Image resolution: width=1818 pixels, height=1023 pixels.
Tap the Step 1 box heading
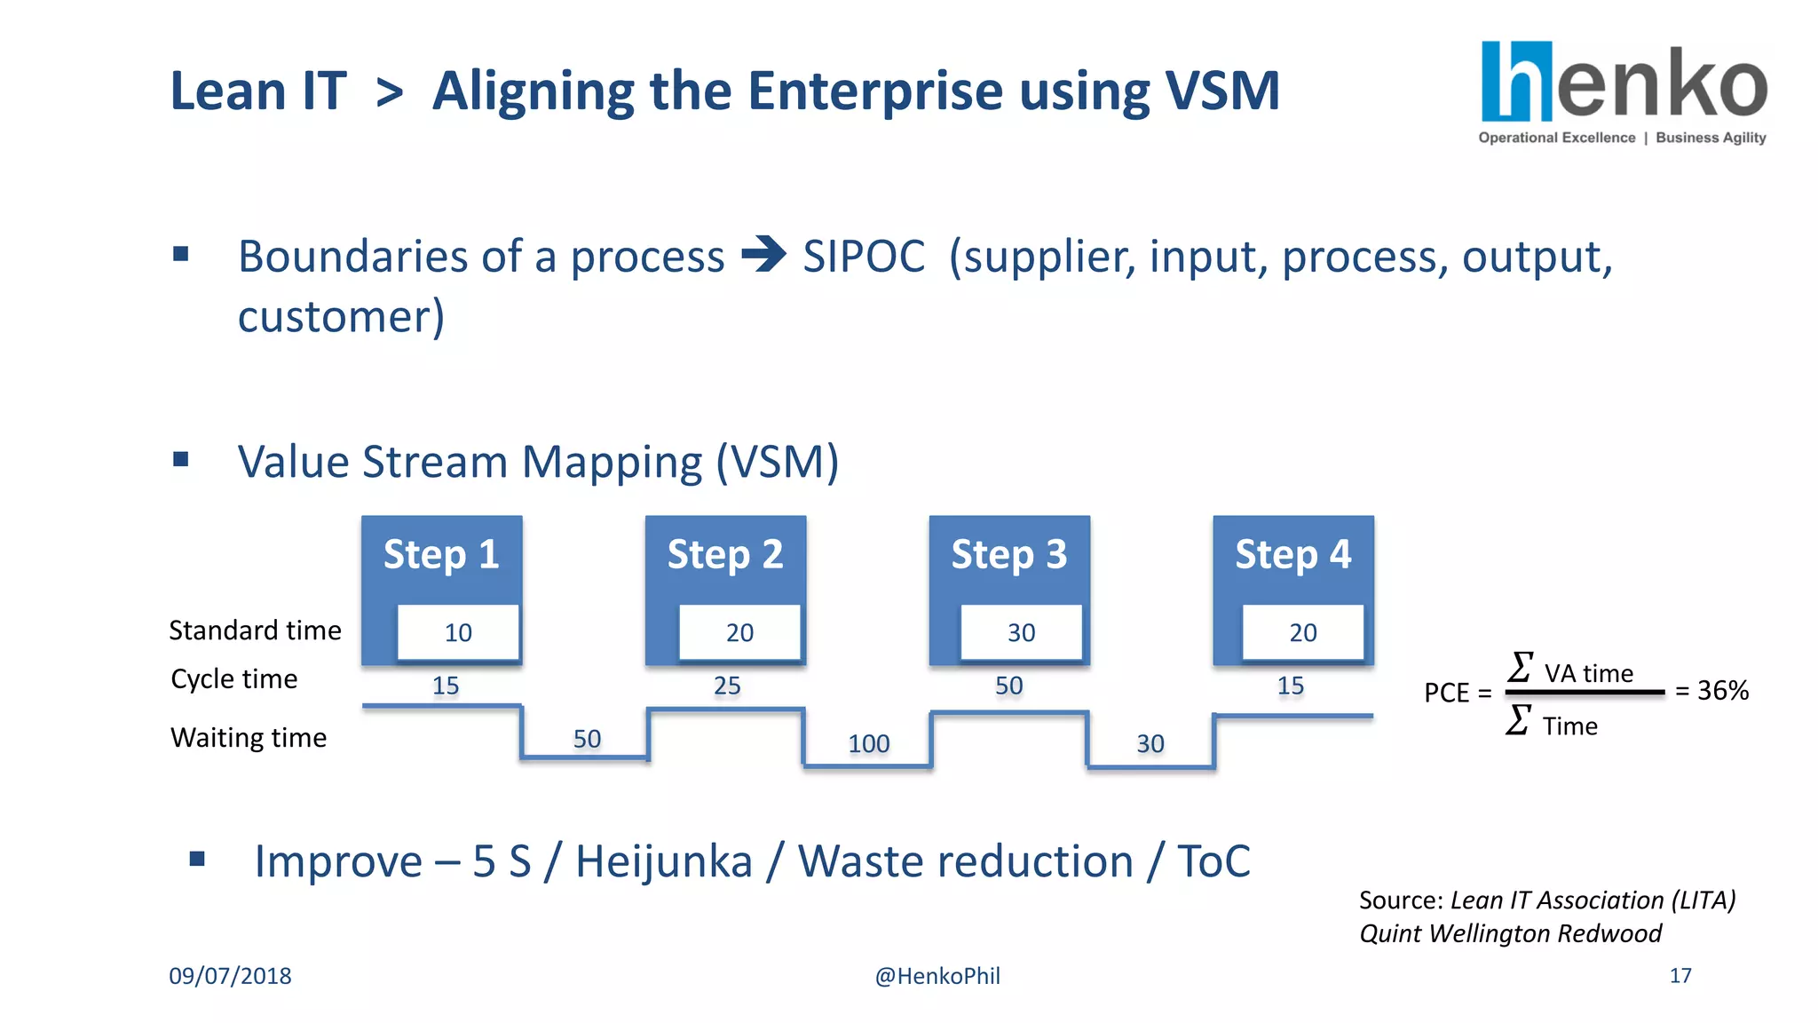point(441,555)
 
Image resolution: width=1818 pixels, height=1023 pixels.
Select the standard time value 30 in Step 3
point(1021,632)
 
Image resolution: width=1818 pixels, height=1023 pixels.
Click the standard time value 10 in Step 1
point(458,632)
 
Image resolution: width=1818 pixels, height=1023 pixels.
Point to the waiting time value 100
point(868,743)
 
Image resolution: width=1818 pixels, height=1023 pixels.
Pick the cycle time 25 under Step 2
point(727,686)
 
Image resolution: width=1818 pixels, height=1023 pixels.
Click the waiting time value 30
point(1150,743)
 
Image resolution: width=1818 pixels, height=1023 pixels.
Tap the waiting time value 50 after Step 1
point(587,739)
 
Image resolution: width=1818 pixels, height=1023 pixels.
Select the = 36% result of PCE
point(1711,690)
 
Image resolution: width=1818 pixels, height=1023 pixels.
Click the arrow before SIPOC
point(763,255)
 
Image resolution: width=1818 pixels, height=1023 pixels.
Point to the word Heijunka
point(664,861)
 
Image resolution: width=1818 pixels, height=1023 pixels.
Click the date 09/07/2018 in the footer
point(230,976)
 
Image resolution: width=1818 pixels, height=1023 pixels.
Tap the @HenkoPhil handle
point(937,976)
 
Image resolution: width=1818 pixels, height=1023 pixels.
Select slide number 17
point(1680,976)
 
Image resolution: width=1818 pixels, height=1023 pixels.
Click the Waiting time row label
point(249,738)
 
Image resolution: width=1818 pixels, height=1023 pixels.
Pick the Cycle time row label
point(234,679)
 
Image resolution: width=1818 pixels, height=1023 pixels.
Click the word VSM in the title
point(1221,91)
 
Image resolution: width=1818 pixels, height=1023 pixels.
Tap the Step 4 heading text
point(1292,555)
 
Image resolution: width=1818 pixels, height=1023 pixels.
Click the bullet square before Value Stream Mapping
point(181,460)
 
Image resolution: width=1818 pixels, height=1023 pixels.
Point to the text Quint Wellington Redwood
point(1510,933)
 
